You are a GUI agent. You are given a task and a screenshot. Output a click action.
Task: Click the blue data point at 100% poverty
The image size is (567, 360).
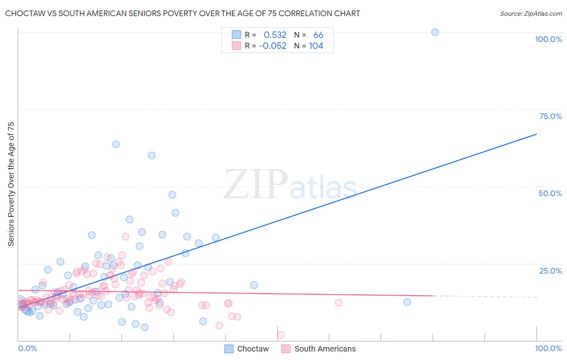[435, 32]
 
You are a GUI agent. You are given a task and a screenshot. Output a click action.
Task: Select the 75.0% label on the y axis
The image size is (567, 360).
[550, 116]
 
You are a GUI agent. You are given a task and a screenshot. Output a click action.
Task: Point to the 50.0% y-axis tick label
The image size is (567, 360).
[550, 193]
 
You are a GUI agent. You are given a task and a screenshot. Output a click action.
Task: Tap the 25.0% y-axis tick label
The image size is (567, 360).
[550, 271]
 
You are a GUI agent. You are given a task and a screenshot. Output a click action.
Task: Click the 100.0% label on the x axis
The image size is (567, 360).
[548, 348]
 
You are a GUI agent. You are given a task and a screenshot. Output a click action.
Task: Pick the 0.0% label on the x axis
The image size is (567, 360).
[27, 348]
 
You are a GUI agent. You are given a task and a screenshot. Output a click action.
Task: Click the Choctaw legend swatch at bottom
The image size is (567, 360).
[229, 349]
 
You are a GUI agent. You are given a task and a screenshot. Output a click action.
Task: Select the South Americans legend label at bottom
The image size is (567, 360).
[325, 349]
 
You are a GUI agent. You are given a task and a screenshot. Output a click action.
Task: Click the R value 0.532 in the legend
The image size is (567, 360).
[275, 35]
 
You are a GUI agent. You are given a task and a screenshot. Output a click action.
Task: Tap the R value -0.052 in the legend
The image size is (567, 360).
[273, 46]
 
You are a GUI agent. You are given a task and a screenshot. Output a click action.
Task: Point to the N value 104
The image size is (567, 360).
[316, 46]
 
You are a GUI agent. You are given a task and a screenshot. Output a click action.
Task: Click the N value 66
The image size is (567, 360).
[318, 35]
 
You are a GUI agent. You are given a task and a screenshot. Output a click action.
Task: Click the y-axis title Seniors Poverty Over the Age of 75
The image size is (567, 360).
[11, 184]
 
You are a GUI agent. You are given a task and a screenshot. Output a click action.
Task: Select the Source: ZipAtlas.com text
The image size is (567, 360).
[531, 14]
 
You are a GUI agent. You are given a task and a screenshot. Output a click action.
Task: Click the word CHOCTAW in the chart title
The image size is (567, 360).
[24, 14]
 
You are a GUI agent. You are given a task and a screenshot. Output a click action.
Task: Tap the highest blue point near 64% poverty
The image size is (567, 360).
[116, 144]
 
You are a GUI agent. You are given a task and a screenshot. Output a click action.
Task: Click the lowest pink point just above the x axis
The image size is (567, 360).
[281, 335]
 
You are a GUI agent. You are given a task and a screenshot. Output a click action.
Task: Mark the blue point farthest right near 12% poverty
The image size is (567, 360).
[407, 302]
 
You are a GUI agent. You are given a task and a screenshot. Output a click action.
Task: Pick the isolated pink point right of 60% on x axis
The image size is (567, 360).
[339, 303]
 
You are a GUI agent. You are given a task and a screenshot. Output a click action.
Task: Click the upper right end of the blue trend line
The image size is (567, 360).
[536, 134]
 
